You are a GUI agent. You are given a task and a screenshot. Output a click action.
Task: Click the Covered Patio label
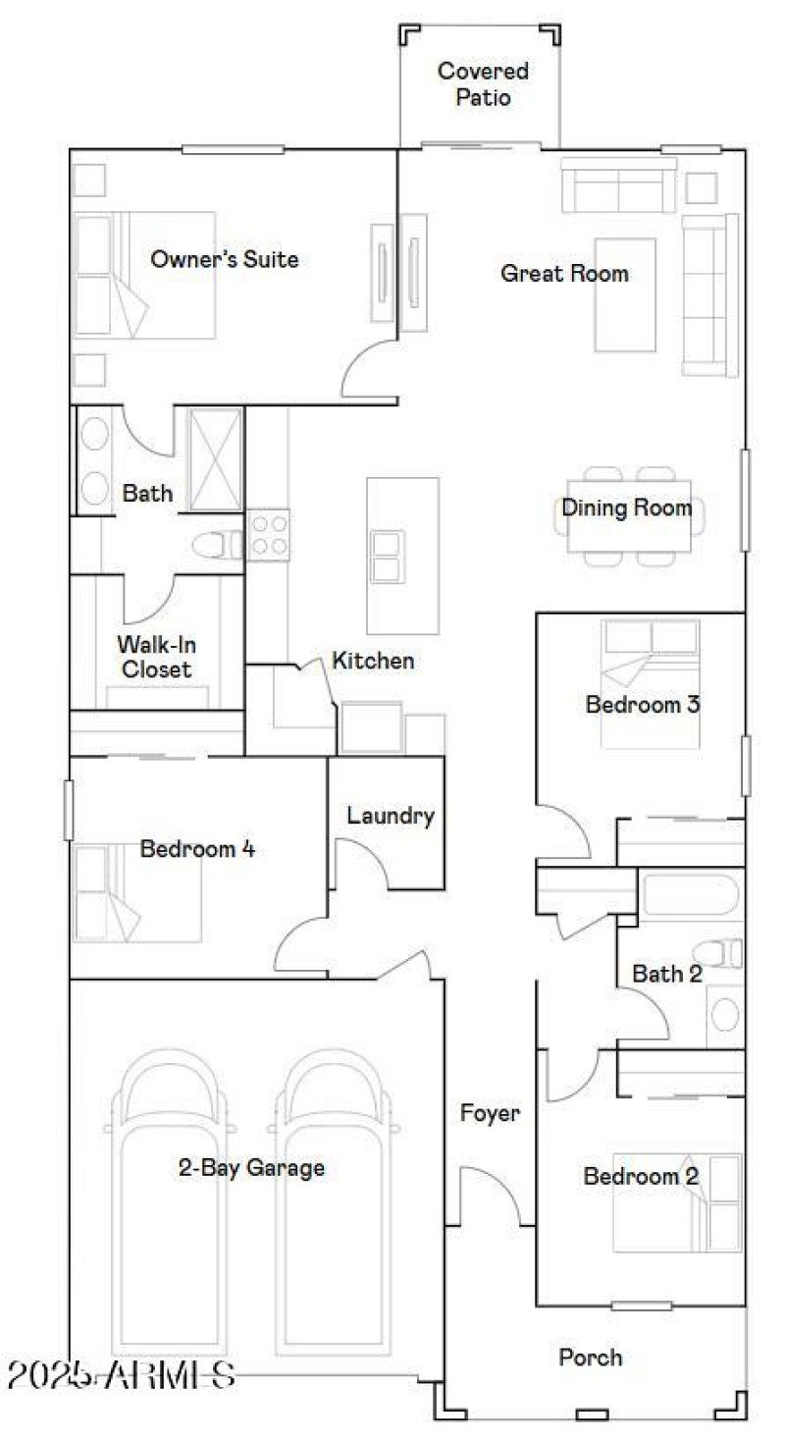[x=483, y=84]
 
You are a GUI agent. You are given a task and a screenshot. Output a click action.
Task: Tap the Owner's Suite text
[x=224, y=260]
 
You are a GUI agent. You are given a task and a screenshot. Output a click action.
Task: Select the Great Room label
[x=564, y=273]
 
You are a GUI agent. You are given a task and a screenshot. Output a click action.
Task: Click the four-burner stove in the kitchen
[x=268, y=535]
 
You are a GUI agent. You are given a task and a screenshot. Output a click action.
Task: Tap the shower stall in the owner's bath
[x=214, y=458]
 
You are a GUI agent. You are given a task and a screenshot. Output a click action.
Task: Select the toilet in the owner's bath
[x=216, y=544]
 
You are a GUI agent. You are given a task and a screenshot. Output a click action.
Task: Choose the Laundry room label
[x=390, y=816]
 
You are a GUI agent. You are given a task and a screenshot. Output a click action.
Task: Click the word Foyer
[x=490, y=1113]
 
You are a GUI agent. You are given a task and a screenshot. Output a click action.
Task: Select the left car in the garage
[x=170, y=1207]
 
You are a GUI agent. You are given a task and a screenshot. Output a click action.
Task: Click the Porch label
[x=590, y=1358]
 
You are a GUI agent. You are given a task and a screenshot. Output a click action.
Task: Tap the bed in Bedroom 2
[x=677, y=1202]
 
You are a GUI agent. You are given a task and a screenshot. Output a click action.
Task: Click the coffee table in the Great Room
[x=625, y=293]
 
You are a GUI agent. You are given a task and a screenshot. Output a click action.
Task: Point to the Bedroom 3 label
[x=642, y=704]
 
